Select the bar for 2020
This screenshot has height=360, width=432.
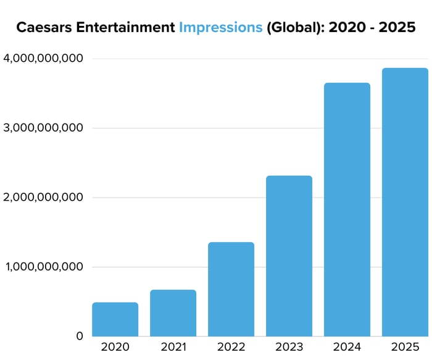pyautogui.click(x=115, y=319)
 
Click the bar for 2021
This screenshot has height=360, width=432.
pyautogui.click(x=173, y=313)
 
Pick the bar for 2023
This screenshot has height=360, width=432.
pyautogui.click(x=289, y=256)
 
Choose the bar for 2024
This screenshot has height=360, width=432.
pyautogui.click(x=347, y=209)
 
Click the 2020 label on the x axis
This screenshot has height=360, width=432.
pyautogui.click(x=115, y=347)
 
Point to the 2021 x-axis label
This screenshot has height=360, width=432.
pyautogui.click(x=173, y=347)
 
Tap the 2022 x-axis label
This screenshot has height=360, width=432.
pyautogui.click(x=231, y=347)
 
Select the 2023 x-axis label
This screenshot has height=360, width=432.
pyautogui.click(x=289, y=347)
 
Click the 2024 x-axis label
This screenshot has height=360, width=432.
pyautogui.click(x=347, y=347)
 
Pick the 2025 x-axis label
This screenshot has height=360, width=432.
pyautogui.click(x=405, y=347)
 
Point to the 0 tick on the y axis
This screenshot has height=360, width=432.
pyautogui.click(x=79, y=337)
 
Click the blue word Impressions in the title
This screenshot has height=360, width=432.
pyautogui.click(x=220, y=28)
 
